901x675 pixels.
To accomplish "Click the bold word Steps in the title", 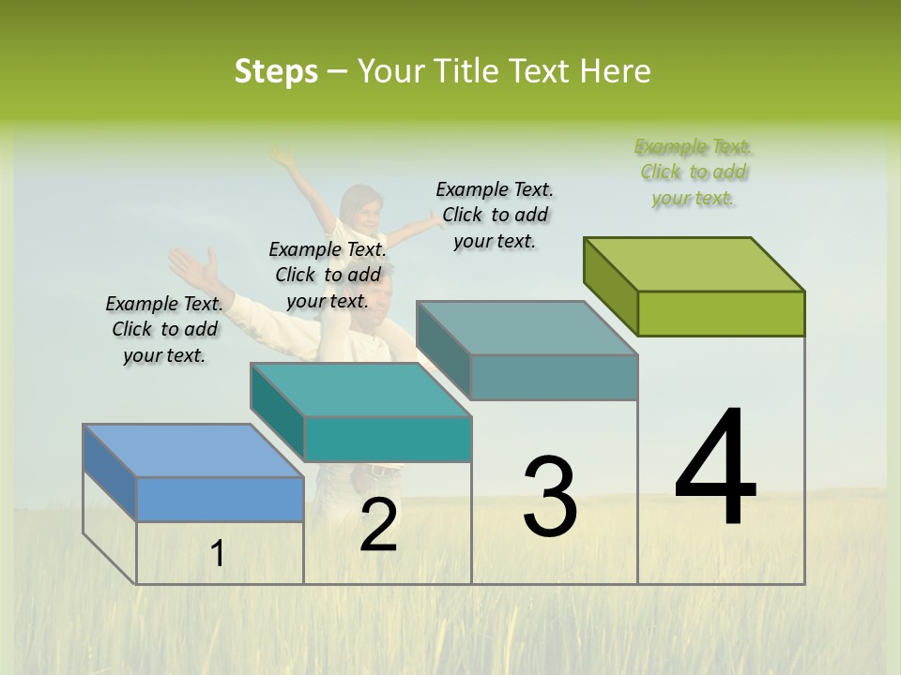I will (x=276, y=71).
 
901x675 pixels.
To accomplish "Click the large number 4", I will (x=715, y=468).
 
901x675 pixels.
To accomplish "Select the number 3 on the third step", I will (x=550, y=497).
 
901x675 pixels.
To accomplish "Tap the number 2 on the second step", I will (x=378, y=526).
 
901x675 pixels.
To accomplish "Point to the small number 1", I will (x=217, y=554).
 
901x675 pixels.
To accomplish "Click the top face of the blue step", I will (x=192, y=450).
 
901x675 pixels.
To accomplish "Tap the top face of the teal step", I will (x=360, y=389).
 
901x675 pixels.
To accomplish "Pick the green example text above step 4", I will (x=694, y=172).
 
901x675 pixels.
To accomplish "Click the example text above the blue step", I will (x=164, y=329).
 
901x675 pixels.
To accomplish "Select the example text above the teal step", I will (x=328, y=275).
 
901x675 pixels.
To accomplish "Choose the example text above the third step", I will (x=495, y=215).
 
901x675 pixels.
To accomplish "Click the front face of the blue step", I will (x=220, y=499).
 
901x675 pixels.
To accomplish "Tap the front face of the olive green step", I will (x=721, y=313).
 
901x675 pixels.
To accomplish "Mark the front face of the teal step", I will (x=387, y=439).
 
